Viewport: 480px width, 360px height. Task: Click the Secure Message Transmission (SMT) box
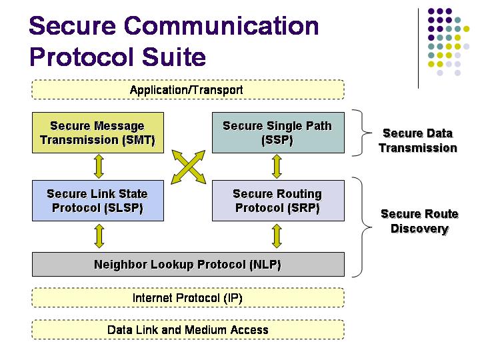[98, 133]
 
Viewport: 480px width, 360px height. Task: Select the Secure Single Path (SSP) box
[277, 133]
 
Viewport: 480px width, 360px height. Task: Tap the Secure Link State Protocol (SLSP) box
[98, 201]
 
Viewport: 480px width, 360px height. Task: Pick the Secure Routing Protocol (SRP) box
[277, 201]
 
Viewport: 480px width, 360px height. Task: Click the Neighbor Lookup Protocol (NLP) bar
[188, 265]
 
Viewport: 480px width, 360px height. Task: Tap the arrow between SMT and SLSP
[98, 167]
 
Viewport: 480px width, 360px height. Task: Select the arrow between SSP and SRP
[277, 167]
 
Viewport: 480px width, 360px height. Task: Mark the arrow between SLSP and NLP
[98, 235]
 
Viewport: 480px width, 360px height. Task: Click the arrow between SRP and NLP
[277, 235]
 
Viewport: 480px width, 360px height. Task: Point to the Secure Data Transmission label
[418, 141]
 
